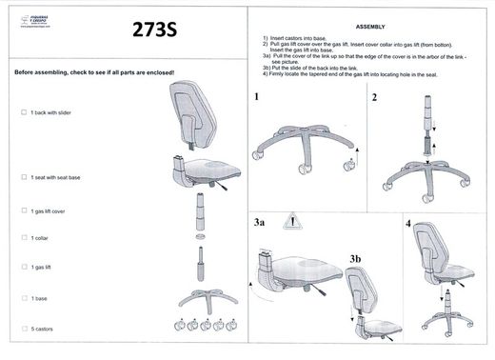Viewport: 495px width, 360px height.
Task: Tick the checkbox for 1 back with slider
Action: [x=24, y=112]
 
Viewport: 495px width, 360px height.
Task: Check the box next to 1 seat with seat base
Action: [x=24, y=176]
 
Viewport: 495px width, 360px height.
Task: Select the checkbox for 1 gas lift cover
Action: [x=24, y=210]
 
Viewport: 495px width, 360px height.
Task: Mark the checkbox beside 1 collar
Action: [x=24, y=237]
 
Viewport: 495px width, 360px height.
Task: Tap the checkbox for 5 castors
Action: [x=24, y=329]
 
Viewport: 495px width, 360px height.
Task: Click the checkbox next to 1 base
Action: [x=24, y=299]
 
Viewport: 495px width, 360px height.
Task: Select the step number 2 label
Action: [x=375, y=97]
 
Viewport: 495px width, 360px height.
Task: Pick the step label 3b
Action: [x=355, y=258]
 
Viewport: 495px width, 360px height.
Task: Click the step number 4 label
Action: [x=407, y=224]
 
